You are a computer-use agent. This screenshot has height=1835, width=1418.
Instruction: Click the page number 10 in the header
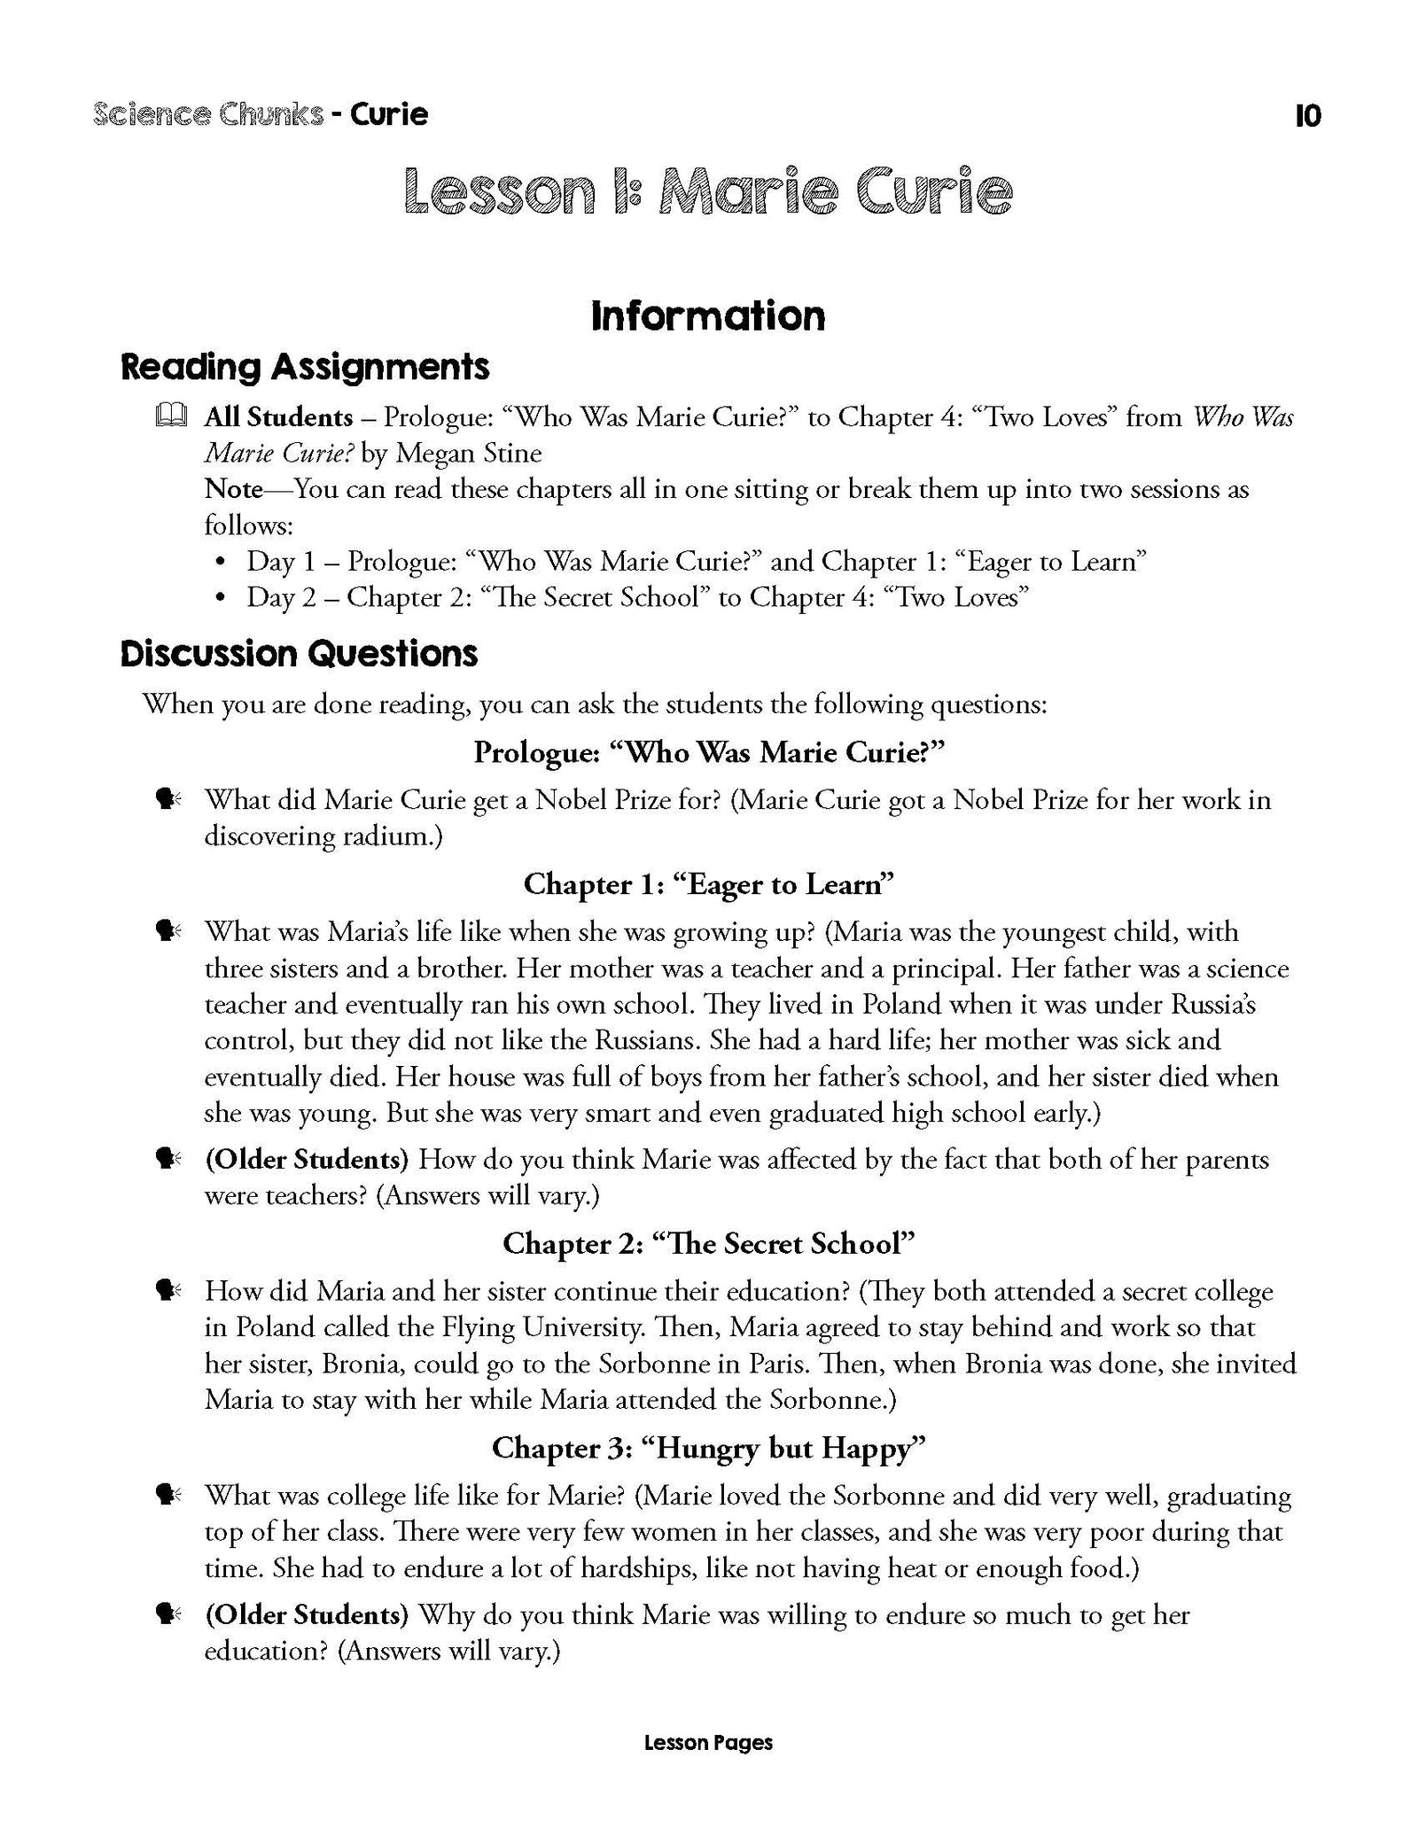[1307, 116]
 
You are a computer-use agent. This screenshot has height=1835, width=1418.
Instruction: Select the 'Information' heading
[708, 316]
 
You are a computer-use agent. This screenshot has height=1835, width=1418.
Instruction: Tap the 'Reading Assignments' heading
[305, 367]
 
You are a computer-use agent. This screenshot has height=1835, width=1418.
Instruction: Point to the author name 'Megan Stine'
[468, 453]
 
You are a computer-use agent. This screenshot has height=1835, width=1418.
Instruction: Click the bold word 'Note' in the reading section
[234, 489]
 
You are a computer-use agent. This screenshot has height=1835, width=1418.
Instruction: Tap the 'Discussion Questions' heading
[299, 654]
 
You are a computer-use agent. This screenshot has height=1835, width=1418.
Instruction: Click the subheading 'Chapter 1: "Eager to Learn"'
[708, 884]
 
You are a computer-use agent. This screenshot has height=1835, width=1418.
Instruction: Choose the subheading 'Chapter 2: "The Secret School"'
[708, 1244]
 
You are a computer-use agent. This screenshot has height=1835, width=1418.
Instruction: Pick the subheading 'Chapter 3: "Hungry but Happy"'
[708, 1448]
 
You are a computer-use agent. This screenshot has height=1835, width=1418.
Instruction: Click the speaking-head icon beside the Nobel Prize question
[168, 800]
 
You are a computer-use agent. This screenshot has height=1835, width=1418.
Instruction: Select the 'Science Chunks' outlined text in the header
[207, 115]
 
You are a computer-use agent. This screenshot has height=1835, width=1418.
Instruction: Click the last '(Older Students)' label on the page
[307, 1615]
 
